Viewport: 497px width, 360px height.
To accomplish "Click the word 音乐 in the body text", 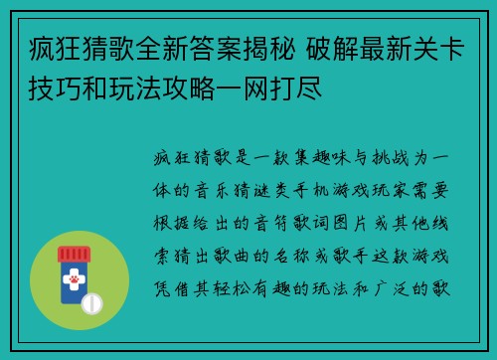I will (229, 191).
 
